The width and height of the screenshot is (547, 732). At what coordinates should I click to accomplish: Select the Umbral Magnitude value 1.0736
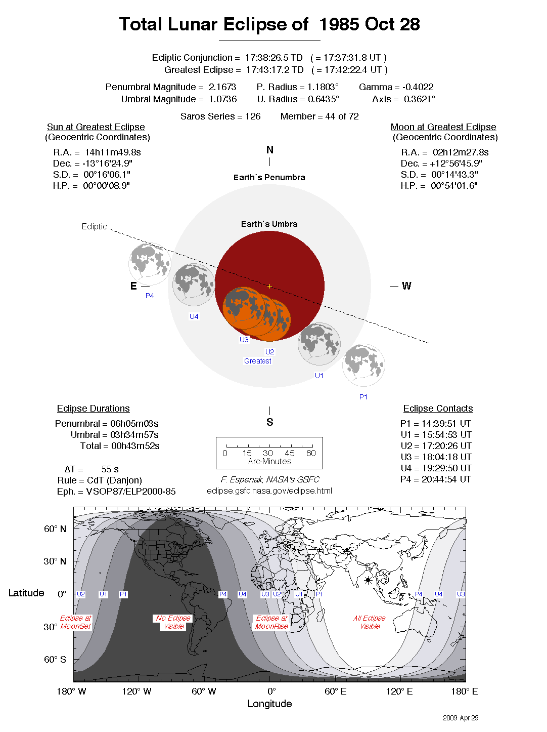point(222,99)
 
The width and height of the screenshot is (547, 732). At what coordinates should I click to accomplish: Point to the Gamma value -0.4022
point(418,87)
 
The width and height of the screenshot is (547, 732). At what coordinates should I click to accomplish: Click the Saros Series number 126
point(253,116)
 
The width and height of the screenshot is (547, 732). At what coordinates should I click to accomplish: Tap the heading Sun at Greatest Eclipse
point(96,127)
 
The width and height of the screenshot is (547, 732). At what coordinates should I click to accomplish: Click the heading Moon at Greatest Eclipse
point(443,127)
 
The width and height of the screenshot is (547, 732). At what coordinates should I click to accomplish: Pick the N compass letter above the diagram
point(270,150)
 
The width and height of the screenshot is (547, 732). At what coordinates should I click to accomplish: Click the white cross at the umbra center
point(270,287)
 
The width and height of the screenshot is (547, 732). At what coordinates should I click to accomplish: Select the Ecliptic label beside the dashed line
point(95,227)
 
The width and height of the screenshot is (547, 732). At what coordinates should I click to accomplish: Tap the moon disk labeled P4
point(150,264)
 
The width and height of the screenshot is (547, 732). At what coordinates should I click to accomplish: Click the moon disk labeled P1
point(363,365)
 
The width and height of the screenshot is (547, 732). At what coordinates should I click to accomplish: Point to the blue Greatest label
point(258,361)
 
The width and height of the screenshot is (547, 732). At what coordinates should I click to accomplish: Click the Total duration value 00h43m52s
point(135,446)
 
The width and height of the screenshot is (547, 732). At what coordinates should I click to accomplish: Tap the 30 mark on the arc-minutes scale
point(268,453)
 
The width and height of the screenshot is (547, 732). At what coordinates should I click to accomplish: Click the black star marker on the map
point(368,581)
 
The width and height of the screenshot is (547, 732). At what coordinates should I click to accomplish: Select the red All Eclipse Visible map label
point(370,622)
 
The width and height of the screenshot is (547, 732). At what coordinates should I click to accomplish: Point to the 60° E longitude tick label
point(336,692)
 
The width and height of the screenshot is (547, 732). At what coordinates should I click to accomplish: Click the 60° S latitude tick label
point(55,660)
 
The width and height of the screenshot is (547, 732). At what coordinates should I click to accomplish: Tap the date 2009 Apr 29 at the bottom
point(461,718)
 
